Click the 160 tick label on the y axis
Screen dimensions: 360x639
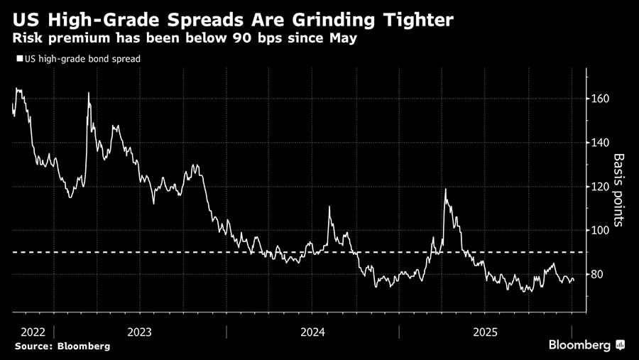click(601, 99)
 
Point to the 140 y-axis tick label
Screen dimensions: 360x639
click(601, 143)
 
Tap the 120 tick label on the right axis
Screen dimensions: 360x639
click(601, 187)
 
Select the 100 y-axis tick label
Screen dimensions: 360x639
click(601, 231)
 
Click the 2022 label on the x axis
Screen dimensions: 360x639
click(33, 332)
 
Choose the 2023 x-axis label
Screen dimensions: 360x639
click(139, 332)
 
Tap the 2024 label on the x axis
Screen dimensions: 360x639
click(312, 332)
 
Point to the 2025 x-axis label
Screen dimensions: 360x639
click(486, 332)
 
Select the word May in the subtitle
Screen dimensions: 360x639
click(341, 38)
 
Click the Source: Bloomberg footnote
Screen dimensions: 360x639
click(62, 346)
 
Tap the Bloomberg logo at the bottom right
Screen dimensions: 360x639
click(586, 345)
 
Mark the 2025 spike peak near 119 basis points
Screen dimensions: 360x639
click(445, 189)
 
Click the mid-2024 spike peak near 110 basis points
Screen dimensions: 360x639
click(329, 207)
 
